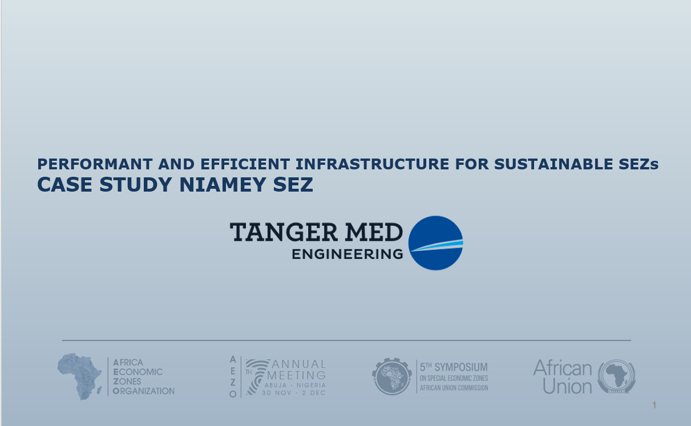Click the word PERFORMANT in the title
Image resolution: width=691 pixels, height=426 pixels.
95,164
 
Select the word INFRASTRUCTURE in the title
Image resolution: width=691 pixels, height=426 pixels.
373,164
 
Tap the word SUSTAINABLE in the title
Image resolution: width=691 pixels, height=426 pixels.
553,164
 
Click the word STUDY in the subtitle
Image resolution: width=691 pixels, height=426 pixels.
136,184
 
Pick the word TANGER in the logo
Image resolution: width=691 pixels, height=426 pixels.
284,232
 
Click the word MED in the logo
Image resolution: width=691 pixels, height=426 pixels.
374,232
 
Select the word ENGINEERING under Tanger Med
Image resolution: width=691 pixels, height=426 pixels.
347,254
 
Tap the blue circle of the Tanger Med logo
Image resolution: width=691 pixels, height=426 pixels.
435,243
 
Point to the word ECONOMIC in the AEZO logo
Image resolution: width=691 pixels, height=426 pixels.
138,372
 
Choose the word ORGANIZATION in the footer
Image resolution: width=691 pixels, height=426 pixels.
144,391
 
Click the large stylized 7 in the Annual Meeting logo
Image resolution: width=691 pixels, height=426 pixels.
257,377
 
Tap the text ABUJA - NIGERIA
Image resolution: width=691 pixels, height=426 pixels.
295,385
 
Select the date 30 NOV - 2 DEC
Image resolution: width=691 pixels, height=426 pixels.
294,393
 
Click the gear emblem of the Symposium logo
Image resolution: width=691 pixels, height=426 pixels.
392,376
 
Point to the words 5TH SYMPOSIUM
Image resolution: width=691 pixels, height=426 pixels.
454,367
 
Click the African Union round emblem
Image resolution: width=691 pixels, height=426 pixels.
617,376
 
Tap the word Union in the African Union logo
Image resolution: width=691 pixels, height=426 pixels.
567,387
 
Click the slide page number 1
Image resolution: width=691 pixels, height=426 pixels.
654,405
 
